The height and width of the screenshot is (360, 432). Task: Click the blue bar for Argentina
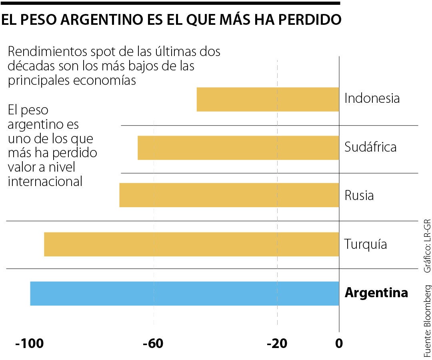point(184,293)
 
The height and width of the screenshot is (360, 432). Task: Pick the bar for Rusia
point(229,195)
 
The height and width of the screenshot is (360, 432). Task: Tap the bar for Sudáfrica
point(238,148)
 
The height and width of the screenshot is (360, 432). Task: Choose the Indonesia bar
point(268,99)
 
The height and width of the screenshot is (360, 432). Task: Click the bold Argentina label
point(376,293)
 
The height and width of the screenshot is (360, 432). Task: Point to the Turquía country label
point(365,244)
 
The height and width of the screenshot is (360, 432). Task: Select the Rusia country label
point(359,196)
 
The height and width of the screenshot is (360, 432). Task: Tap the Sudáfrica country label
point(370,147)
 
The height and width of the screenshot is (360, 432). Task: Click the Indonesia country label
point(372,98)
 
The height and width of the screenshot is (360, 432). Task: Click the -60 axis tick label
point(154,344)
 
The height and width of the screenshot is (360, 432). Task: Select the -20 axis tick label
point(277,344)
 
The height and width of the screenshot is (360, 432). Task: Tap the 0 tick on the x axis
point(339,344)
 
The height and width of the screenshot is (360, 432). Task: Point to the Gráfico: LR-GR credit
point(427,246)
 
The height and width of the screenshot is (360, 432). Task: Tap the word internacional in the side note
point(45,182)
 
